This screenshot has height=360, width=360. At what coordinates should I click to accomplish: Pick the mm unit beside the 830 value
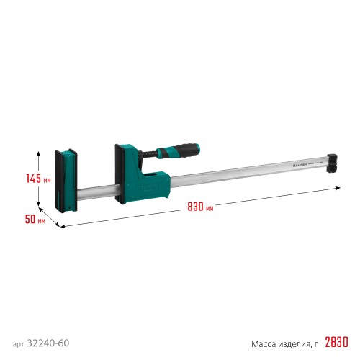[210, 208]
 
